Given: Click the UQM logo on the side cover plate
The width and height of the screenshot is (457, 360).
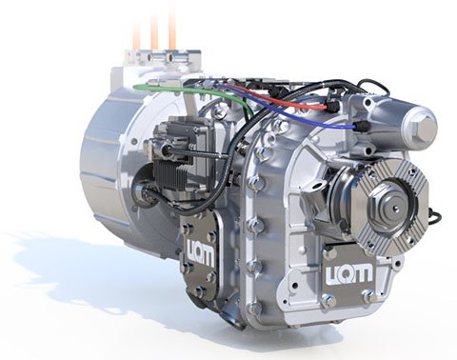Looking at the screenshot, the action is click(x=201, y=251).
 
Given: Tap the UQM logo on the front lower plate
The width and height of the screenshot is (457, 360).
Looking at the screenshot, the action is click(x=348, y=273).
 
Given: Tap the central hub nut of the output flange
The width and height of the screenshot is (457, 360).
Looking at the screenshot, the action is click(x=393, y=208).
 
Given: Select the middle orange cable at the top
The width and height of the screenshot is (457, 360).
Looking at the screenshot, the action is click(x=154, y=31).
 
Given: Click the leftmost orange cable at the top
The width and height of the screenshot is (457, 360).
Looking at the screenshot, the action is click(x=136, y=33).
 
